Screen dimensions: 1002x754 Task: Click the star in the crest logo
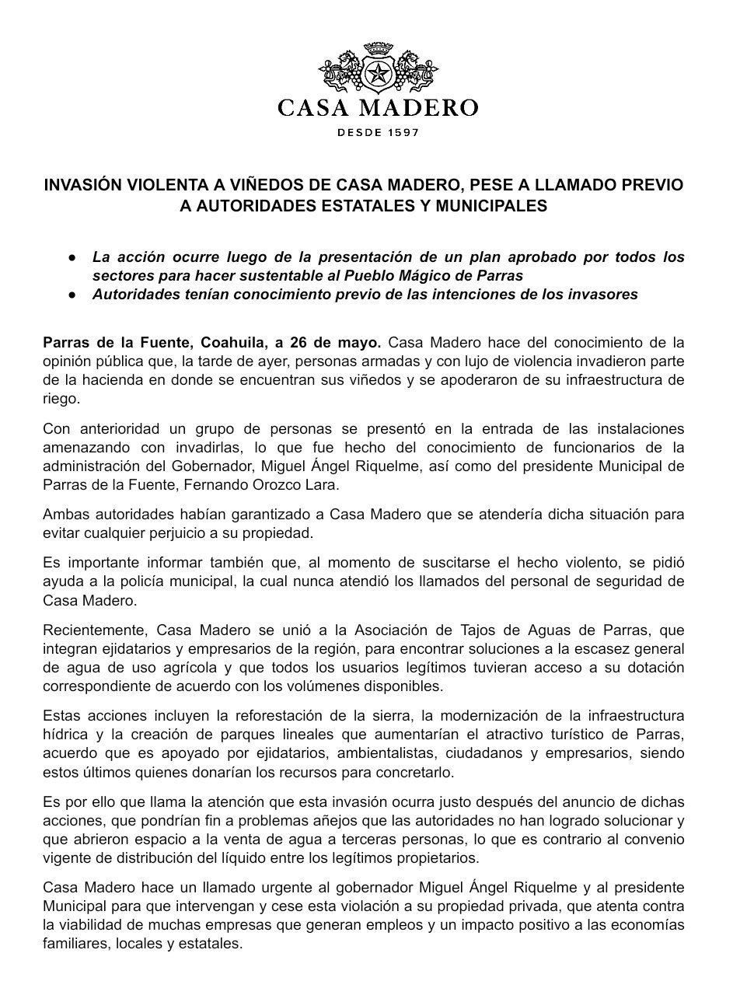click(378, 75)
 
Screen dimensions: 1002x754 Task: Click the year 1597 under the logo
click(400, 132)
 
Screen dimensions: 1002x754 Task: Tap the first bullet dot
click(72, 257)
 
